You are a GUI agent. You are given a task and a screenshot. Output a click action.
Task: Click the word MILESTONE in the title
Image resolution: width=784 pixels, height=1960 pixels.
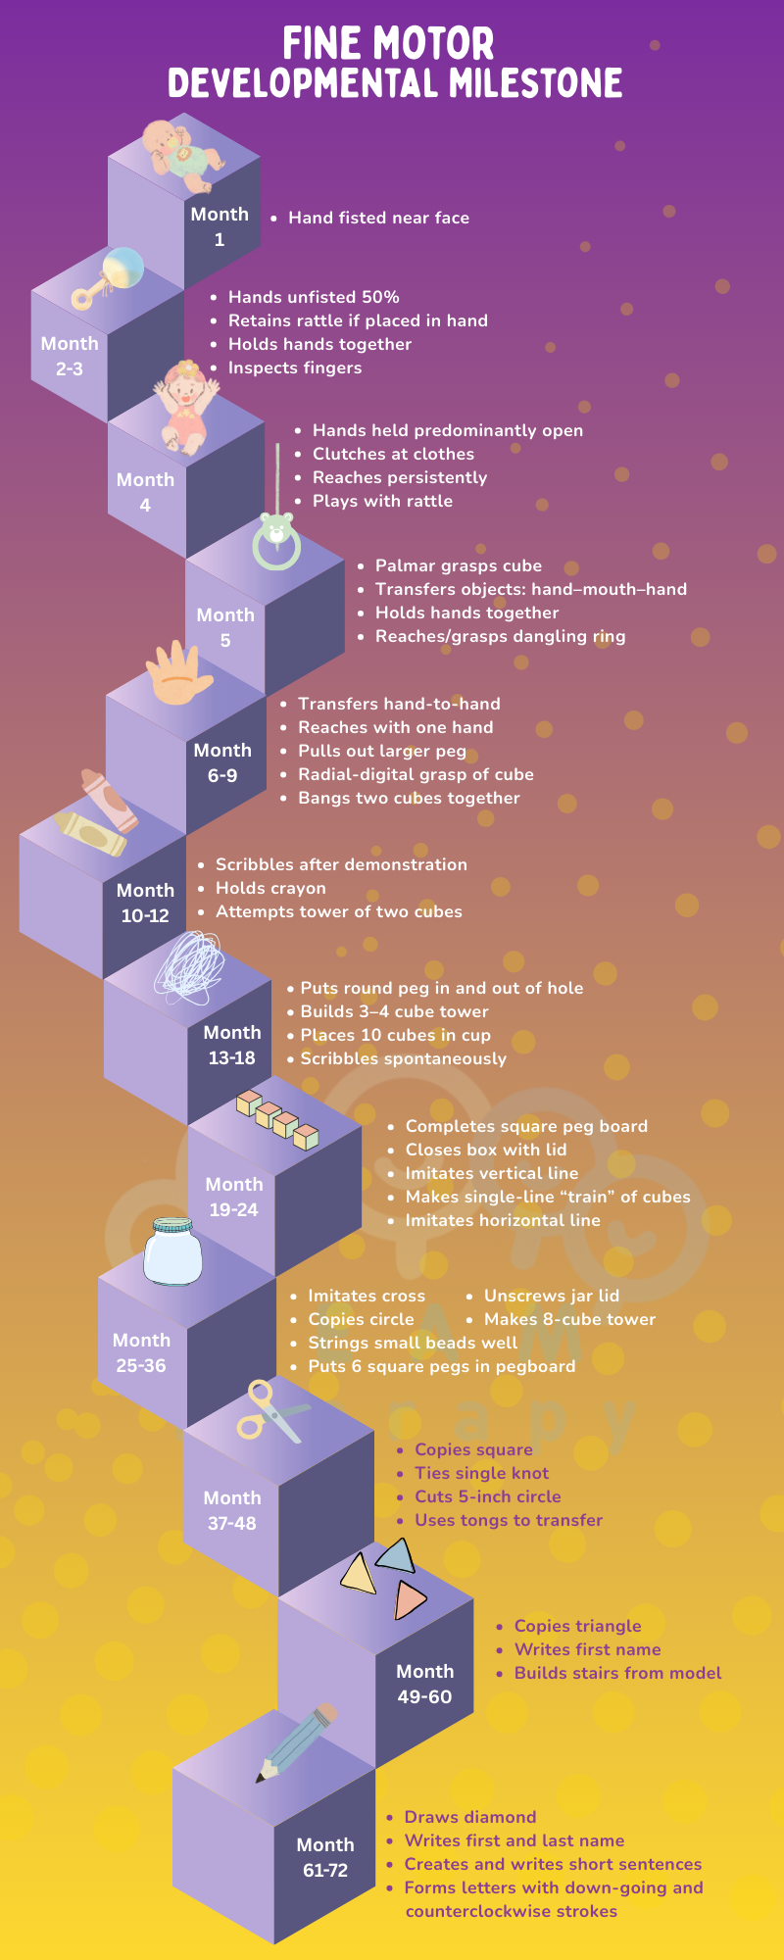click(536, 83)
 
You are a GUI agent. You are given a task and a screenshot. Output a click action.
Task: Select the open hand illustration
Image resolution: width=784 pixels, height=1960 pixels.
click(178, 673)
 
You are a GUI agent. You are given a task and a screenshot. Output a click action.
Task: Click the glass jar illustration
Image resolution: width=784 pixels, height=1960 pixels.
click(172, 1251)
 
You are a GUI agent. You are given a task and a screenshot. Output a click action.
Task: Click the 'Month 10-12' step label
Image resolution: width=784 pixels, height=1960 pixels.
click(145, 903)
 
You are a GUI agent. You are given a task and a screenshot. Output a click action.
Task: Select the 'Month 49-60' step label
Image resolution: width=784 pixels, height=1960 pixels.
click(424, 1684)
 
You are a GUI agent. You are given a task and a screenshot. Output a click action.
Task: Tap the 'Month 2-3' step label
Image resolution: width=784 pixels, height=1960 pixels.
click(70, 356)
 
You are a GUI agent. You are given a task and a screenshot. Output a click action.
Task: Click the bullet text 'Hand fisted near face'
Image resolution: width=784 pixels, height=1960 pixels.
click(378, 218)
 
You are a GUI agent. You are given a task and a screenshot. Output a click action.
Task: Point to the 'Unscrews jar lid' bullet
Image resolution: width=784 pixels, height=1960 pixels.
click(551, 1296)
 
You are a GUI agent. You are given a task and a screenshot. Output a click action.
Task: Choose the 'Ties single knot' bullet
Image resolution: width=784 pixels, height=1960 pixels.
click(481, 1473)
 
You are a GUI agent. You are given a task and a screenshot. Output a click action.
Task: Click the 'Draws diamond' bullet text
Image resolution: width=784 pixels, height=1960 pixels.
click(470, 1817)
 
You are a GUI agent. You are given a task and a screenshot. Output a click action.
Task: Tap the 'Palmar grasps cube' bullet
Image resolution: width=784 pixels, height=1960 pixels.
click(458, 565)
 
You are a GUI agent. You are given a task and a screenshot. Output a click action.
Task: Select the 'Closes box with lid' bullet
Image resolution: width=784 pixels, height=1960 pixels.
click(486, 1150)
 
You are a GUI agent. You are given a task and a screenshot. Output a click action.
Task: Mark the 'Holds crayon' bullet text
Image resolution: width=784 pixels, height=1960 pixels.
click(270, 888)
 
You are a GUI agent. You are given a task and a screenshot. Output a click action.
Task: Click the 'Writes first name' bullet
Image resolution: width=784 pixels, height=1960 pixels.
click(587, 1649)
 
